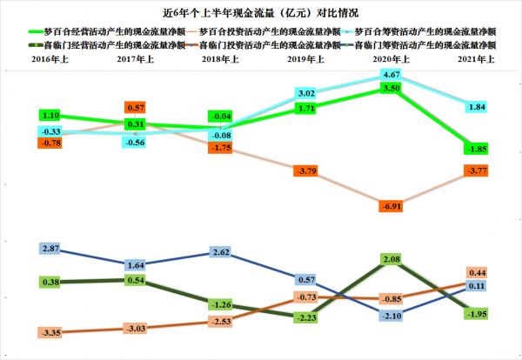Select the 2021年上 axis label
475,58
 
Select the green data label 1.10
51,115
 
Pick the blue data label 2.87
51,250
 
